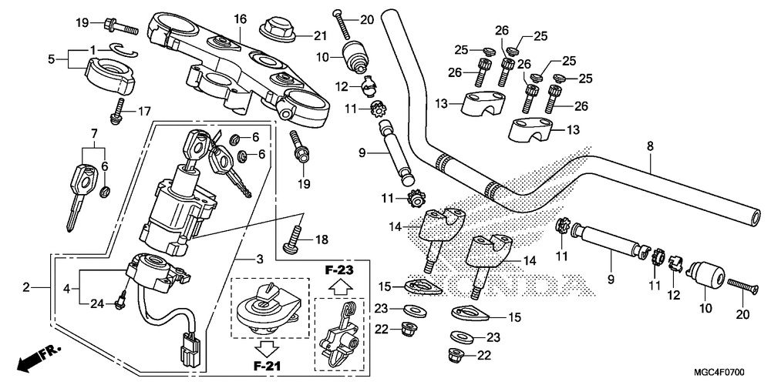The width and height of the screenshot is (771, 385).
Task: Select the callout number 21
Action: pyautogui.click(x=321, y=35)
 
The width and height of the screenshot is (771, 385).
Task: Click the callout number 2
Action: pyautogui.click(x=26, y=287)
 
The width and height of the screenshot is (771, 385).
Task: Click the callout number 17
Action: pyautogui.click(x=145, y=111)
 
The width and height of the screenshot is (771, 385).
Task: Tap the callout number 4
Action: pyautogui.click(x=66, y=288)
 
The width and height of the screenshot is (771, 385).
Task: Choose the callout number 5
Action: pyautogui.click(x=51, y=59)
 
